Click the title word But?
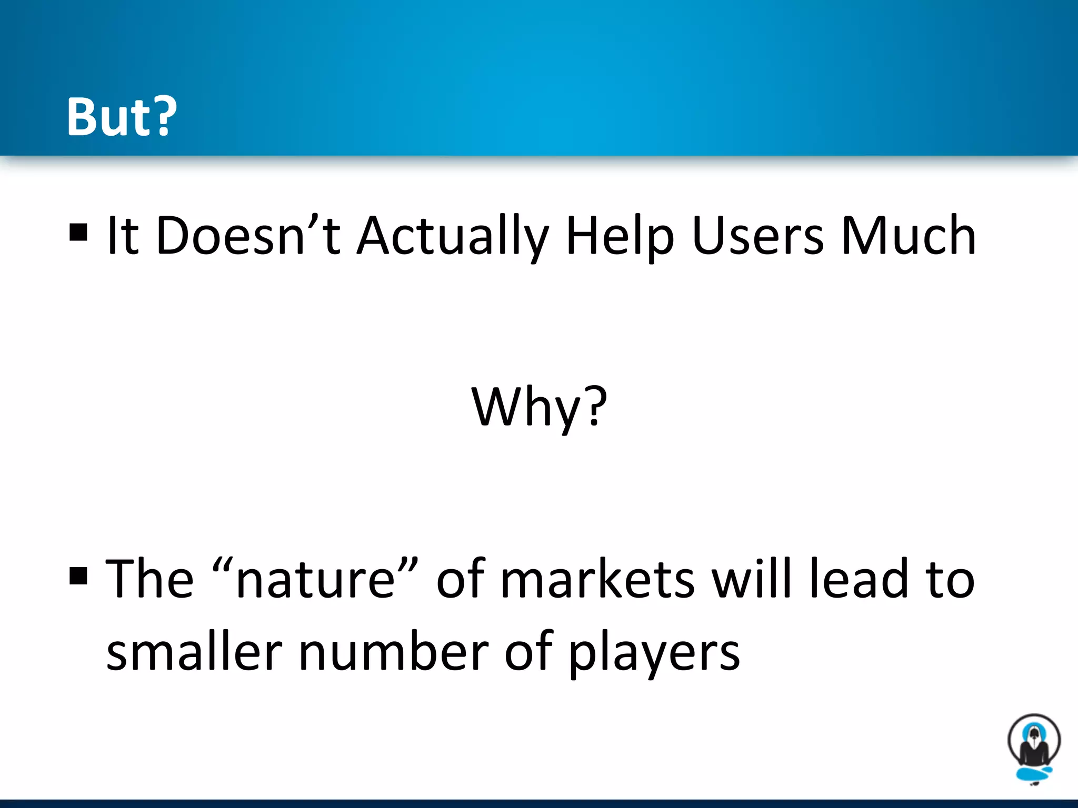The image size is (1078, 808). click(x=122, y=117)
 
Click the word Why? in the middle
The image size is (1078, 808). click(x=539, y=407)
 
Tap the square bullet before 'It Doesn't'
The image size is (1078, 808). click(x=78, y=232)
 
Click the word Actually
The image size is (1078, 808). click(x=453, y=237)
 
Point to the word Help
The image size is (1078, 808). click(x=620, y=237)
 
